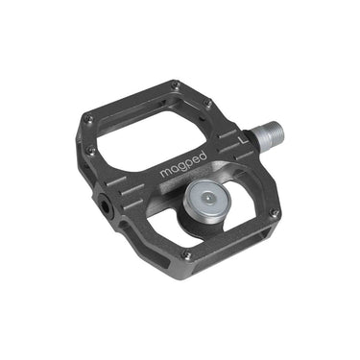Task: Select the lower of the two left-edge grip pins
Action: pos(91,151)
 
